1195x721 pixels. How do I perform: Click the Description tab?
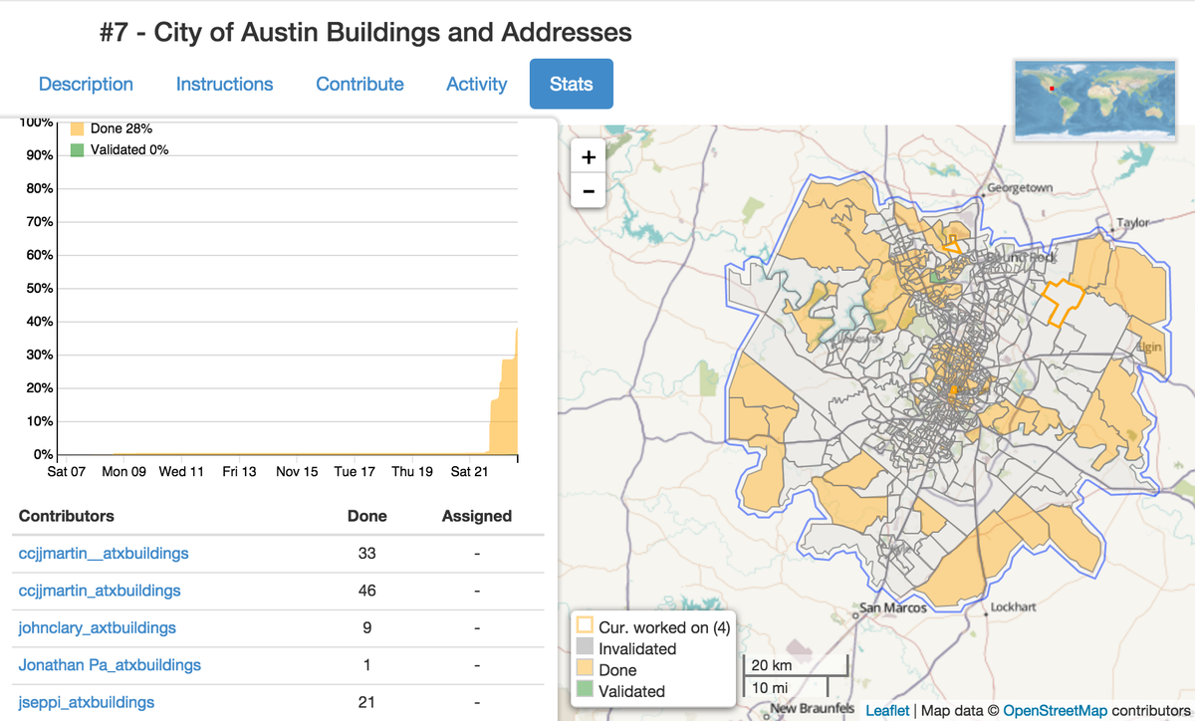[x=86, y=85]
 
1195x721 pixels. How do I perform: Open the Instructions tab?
[x=224, y=85]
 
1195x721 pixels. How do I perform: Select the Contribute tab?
[x=359, y=85]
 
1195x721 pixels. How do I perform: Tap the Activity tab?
[x=476, y=85]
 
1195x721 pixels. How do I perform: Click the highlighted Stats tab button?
[x=571, y=85]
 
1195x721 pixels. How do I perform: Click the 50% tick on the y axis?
[x=39, y=289]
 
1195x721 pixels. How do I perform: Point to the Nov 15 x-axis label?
[x=297, y=471]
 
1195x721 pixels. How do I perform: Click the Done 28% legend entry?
[x=120, y=128]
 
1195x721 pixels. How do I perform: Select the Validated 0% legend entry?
[x=128, y=149]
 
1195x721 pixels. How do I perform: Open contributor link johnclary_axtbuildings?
[x=98, y=627]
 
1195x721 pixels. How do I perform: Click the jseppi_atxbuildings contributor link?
[x=87, y=702]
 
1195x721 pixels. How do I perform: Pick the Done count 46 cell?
[x=366, y=591]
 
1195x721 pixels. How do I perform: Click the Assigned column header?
[x=476, y=516]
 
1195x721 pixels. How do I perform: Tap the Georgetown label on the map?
[x=1020, y=188]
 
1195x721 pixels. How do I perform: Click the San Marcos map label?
[x=892, y=608]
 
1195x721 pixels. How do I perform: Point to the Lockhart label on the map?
[x=1014, y=606]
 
